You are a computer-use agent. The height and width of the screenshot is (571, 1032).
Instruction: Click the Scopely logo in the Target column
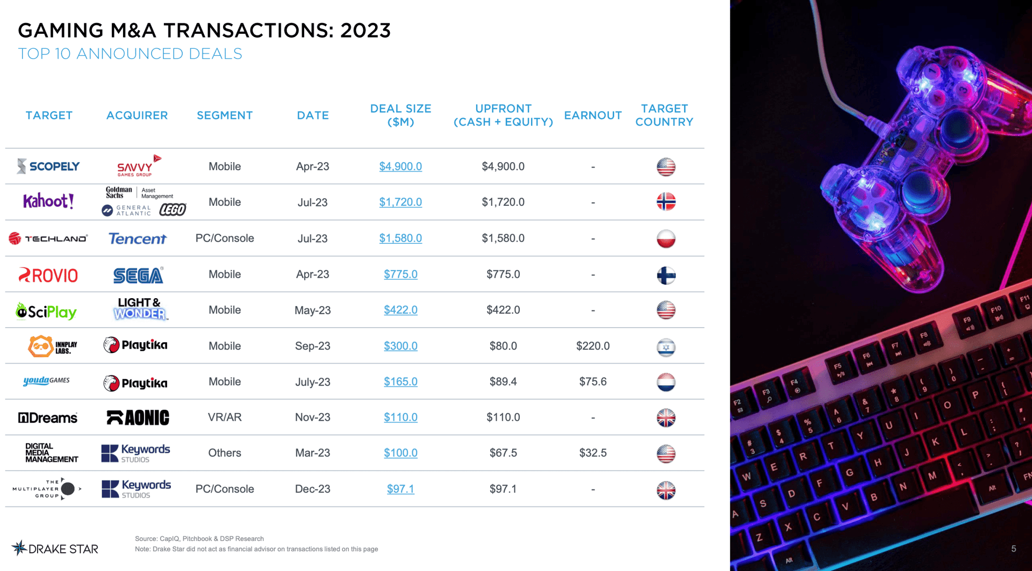[48, 167]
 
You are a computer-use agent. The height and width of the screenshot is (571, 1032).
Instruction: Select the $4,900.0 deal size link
[400, 167]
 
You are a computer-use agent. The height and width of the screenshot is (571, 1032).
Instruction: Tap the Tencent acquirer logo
[138, 238]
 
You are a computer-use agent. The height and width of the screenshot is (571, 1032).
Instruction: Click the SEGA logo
[138, 275]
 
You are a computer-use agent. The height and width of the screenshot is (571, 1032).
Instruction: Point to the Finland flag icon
[666, 275]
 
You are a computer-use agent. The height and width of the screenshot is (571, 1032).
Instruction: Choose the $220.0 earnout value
[593, 346]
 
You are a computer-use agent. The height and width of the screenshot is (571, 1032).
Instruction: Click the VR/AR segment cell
[225, 417]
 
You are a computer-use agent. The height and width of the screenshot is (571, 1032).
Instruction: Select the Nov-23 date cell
[312, 417]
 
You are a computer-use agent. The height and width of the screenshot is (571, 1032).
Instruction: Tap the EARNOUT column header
[593, 115]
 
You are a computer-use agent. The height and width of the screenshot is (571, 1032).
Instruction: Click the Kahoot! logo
[48, 201]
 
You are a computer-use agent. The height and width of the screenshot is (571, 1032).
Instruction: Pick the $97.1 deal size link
[400, 489]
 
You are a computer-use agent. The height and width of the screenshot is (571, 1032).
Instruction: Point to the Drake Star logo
[55, 548]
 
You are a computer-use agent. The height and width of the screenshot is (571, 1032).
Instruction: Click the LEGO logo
[173, 209]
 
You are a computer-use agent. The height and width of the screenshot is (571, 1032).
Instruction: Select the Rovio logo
[48, 275]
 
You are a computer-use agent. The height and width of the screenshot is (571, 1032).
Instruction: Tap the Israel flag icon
[666, 347]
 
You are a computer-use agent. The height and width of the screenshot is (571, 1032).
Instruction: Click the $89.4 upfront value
[503, 382]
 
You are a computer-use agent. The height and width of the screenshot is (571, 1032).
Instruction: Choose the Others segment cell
[225, 453]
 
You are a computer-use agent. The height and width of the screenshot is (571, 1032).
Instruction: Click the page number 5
[1013, 548]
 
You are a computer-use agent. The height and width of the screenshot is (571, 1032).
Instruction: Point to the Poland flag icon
[666, 238]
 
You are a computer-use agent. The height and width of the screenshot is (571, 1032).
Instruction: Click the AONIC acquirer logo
[138, 417]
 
